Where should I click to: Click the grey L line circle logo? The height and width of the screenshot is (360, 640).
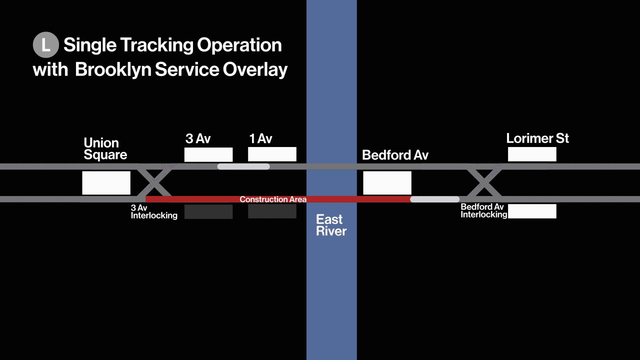point(46,45)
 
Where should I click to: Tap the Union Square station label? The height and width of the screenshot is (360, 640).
point(105,149)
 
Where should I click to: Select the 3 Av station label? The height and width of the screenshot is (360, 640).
point(198,138)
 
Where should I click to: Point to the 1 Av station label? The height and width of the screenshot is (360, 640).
point(260,138)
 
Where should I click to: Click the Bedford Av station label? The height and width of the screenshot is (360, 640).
point(395,155)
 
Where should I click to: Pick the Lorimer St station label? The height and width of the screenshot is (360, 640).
point(537,138)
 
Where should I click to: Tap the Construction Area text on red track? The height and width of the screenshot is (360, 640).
point(273,199)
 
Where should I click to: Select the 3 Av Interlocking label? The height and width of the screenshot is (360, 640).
point(154,212)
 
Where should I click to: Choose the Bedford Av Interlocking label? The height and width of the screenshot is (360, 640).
point(483,211)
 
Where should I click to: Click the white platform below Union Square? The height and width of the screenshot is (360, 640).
point(106,183)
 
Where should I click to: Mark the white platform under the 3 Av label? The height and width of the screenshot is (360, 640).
point(208,154)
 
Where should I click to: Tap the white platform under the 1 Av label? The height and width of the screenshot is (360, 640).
point(272,154)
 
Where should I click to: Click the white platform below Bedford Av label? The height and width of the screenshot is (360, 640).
point(387,183)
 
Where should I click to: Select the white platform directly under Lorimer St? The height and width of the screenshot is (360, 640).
point(532,154)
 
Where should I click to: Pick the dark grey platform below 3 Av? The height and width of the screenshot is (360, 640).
point(208,211)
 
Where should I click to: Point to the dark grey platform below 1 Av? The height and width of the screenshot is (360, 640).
point(272,211)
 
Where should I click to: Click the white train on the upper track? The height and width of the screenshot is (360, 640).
point(243,166)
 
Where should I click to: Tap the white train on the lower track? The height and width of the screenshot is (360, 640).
point(434,199)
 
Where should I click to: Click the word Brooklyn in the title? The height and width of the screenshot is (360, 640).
point(112,69)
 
